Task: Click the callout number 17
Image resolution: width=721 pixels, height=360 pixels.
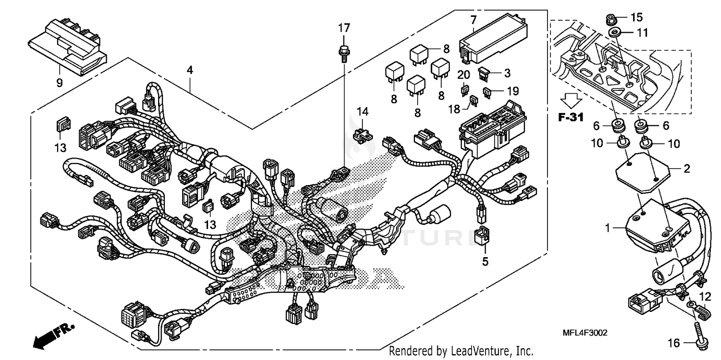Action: click(x=344, y=28)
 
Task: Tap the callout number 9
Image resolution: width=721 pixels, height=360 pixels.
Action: click(x=60, y=83)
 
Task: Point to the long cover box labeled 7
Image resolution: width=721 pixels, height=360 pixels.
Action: click(x=495, y=39)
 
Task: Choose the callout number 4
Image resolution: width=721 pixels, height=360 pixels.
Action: click(x=190, y=70)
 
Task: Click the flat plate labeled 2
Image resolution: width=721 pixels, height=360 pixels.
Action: click(x=644, y=170)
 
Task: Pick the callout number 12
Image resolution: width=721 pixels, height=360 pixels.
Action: click(x=705, y=296)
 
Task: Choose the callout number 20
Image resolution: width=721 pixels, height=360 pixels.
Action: click(x=463, y=74)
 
